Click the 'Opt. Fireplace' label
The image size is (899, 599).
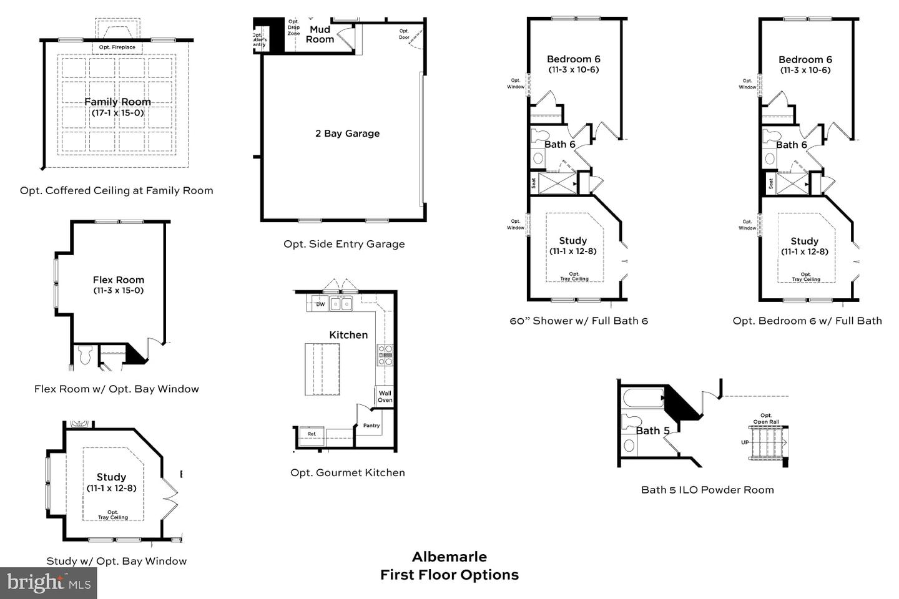click(117, 47)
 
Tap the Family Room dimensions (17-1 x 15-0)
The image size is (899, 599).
click(117, 113)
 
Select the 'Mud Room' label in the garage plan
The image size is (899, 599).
click(320, 34)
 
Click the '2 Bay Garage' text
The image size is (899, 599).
click(347, 134)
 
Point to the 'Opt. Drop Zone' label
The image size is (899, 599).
click(293, 27)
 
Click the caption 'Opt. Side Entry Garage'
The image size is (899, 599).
click(344, 244)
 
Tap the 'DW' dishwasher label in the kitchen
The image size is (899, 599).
click(320, 304)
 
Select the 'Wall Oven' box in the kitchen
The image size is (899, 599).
click(385, 397)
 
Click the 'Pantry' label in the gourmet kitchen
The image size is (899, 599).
click(371, 426)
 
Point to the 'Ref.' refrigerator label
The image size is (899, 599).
click(312, 434)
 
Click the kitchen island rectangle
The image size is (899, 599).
click(322, 369)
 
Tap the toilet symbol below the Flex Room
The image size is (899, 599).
click(86, 356)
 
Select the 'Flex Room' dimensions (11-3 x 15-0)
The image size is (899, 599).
click(119, 291)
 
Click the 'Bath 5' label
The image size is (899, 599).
click(652, 431)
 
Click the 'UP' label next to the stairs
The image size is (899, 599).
click(744, 442)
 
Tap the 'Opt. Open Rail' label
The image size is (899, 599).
click(766, 419)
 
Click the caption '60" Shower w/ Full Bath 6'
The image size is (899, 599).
click(579, 321)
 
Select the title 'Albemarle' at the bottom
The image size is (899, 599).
click(449, 557)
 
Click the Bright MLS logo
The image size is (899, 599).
click(49, 583)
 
